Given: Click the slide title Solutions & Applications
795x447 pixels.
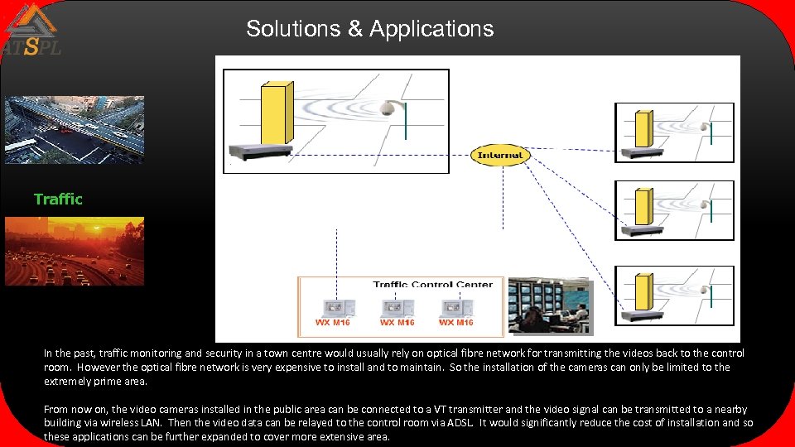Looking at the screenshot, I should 369,29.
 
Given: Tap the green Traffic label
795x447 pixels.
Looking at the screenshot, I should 58,199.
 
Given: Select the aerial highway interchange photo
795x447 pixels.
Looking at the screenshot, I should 75,129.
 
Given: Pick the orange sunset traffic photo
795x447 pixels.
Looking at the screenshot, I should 75,251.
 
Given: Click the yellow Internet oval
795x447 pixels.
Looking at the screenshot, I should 500,155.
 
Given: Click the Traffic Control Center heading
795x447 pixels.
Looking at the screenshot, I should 432,285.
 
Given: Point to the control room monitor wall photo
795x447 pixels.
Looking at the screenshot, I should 550,306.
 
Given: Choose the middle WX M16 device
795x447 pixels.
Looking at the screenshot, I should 397,310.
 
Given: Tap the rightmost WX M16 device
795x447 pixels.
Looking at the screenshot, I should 456,310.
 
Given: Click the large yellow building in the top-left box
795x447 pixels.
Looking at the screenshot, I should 275,113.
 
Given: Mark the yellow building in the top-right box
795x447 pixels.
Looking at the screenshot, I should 643,127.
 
